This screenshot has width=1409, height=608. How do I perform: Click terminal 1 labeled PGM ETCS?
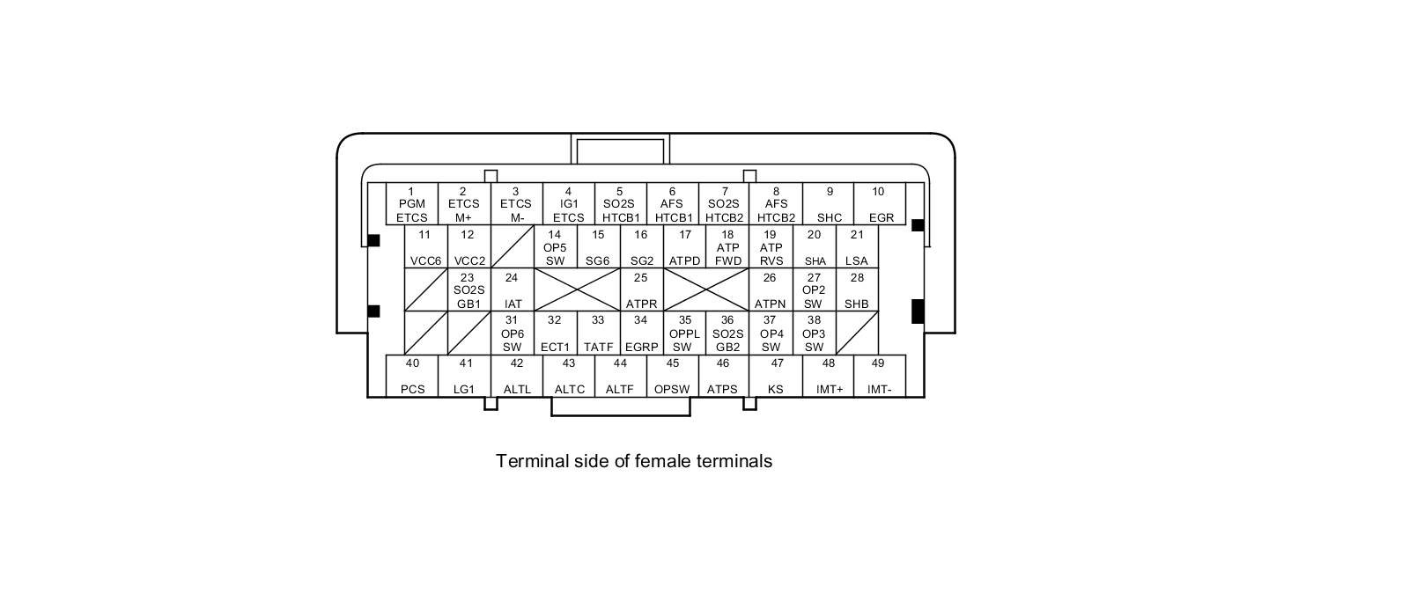(x=411, y=204)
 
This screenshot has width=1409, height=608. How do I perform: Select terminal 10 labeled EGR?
(x=880, y=204)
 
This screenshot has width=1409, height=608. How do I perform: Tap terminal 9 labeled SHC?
(x=829, y=204)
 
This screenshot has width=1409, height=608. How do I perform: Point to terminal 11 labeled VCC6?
(x=425, y=247)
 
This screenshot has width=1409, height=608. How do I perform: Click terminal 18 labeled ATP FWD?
(x=727, y=247)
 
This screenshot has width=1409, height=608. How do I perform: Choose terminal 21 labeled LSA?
(x=856, y=247)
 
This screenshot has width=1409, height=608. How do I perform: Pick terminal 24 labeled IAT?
(x=513, y=290)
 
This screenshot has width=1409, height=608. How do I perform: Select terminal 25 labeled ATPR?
(x=641, y=290)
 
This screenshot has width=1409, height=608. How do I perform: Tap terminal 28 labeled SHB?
(x=856, y=290)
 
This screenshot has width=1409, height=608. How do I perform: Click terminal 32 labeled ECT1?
(x=555, y=333)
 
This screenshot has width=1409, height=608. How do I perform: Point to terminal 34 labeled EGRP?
(x=641, y=333)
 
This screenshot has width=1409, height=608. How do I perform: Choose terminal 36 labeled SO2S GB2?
(x=727, y=333)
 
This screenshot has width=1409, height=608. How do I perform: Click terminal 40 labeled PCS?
(x=412, y=376)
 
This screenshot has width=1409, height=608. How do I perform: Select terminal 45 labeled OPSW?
(x=672, y=376)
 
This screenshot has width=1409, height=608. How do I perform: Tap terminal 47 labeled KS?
(x=776, y=376)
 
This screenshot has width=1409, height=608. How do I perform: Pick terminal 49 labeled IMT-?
(x=879, y=376)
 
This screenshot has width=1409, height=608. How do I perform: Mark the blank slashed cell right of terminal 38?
(x=856, y=333)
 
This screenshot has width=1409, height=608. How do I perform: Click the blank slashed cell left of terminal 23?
(x=425, y=290)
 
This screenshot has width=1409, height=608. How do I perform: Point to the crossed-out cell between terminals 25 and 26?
(x=705, y=290)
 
